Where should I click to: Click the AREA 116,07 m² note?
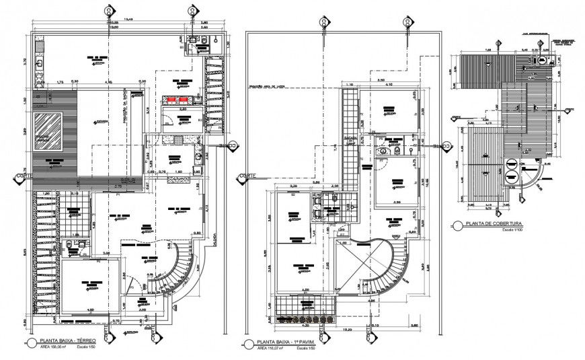[x=271, y=348]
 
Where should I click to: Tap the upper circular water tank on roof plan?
[x=510, y=164]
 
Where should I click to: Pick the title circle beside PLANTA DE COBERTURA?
[x=457, y=225]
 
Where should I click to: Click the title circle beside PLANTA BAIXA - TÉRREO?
[x=32, y=343]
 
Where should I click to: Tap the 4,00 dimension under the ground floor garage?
[x=89, y=310]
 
